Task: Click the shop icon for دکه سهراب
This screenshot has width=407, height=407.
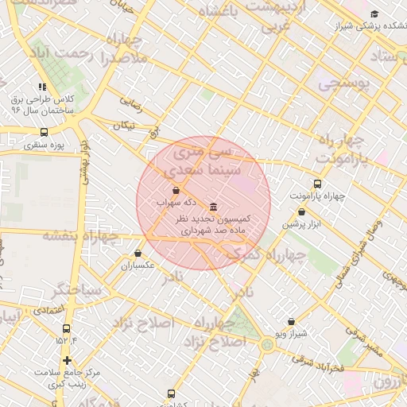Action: tap(176, 190)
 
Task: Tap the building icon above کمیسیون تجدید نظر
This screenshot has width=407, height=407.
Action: tap(213, 207)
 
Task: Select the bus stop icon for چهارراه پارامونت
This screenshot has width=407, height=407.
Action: tap(318, 183)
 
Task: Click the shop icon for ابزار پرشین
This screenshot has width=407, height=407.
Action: tap(302, 212)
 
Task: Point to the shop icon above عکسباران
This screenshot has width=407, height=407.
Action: tap(138, 254)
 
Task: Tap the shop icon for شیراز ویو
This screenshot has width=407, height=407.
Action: tap(291, 322)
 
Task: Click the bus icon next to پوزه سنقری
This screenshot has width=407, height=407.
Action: tap(43, 133)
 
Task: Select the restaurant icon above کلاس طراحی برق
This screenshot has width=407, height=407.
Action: tap(41, 87)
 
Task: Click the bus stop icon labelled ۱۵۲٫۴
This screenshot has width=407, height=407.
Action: tap(66, 328)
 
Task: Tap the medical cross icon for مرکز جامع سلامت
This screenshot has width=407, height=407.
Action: tap(68, 360)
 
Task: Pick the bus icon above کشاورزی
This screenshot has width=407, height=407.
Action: tap(172, 393)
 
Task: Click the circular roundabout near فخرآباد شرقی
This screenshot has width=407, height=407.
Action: tap(266, 344)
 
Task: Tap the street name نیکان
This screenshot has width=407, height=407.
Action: tap(125, 125)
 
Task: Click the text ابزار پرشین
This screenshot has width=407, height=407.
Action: tap(302, 225)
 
